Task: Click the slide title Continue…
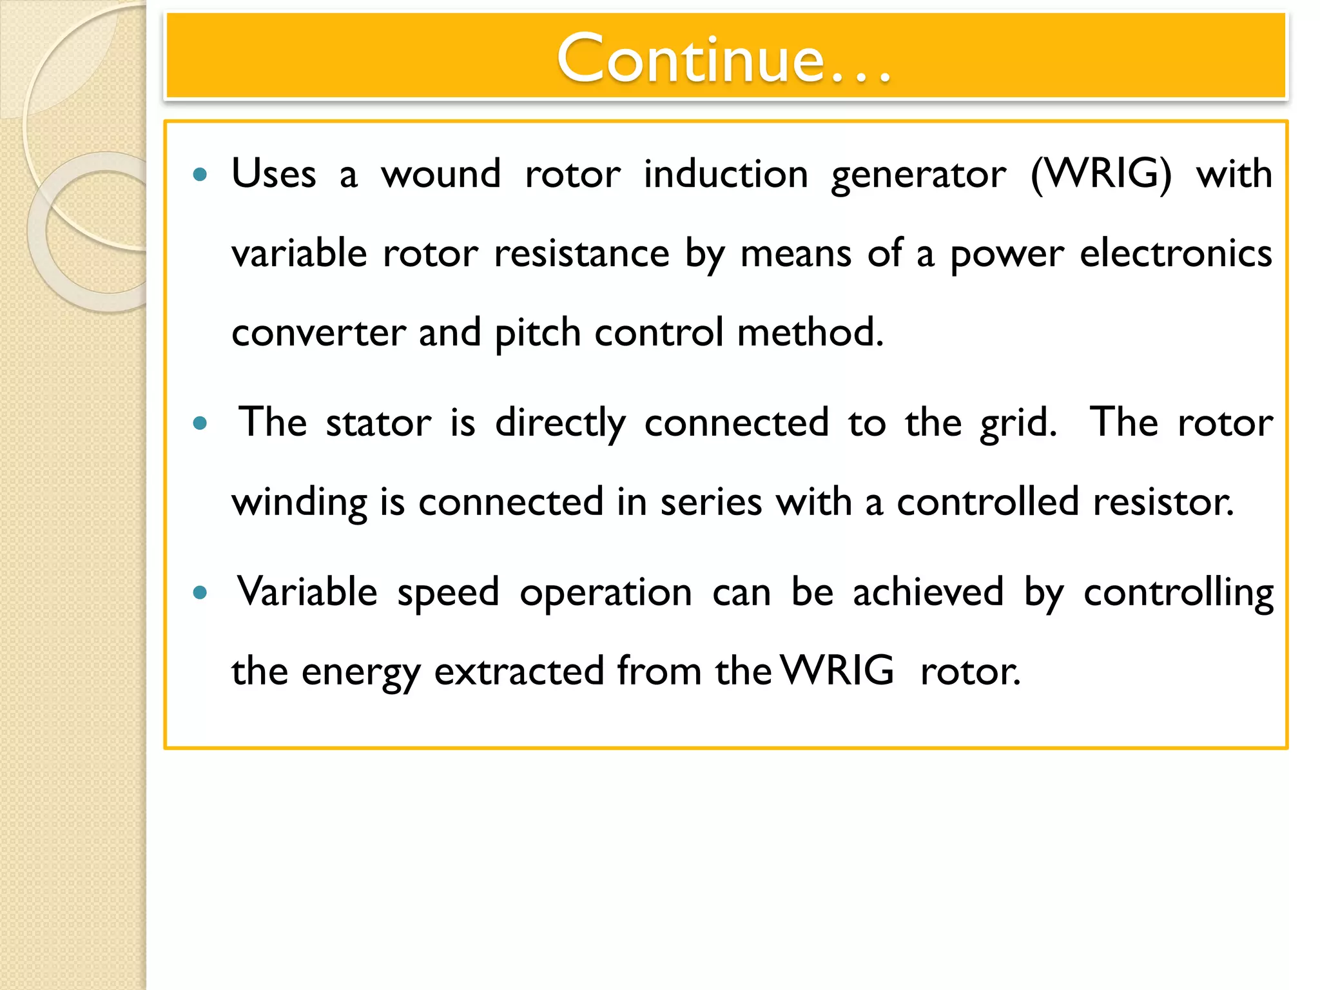click(x=723, y=59)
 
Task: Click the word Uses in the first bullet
click(x=274, y=174)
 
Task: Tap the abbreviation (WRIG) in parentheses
click(x=1101, y=174)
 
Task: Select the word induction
click(x=726, y=174)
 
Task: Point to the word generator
click(x=918, y=175)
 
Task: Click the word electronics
click(x=1176, y=253)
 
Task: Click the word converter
click(x=318, y=333)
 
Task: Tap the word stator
click(x=378, y=423)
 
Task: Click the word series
click(x=711, y=502)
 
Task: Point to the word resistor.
click(x=1163, y=502)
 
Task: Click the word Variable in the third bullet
click(x=307, y=592)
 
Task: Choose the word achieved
click(x=928, y=592)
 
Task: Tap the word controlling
click(x=1178, y=593)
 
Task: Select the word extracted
click(x=519, y=671)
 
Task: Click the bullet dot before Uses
click(x=200, y=174)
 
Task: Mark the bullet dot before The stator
click(x=200, y=423)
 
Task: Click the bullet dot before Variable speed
click(x=200, y=592)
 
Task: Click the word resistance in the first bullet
click(x=581, y=253)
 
